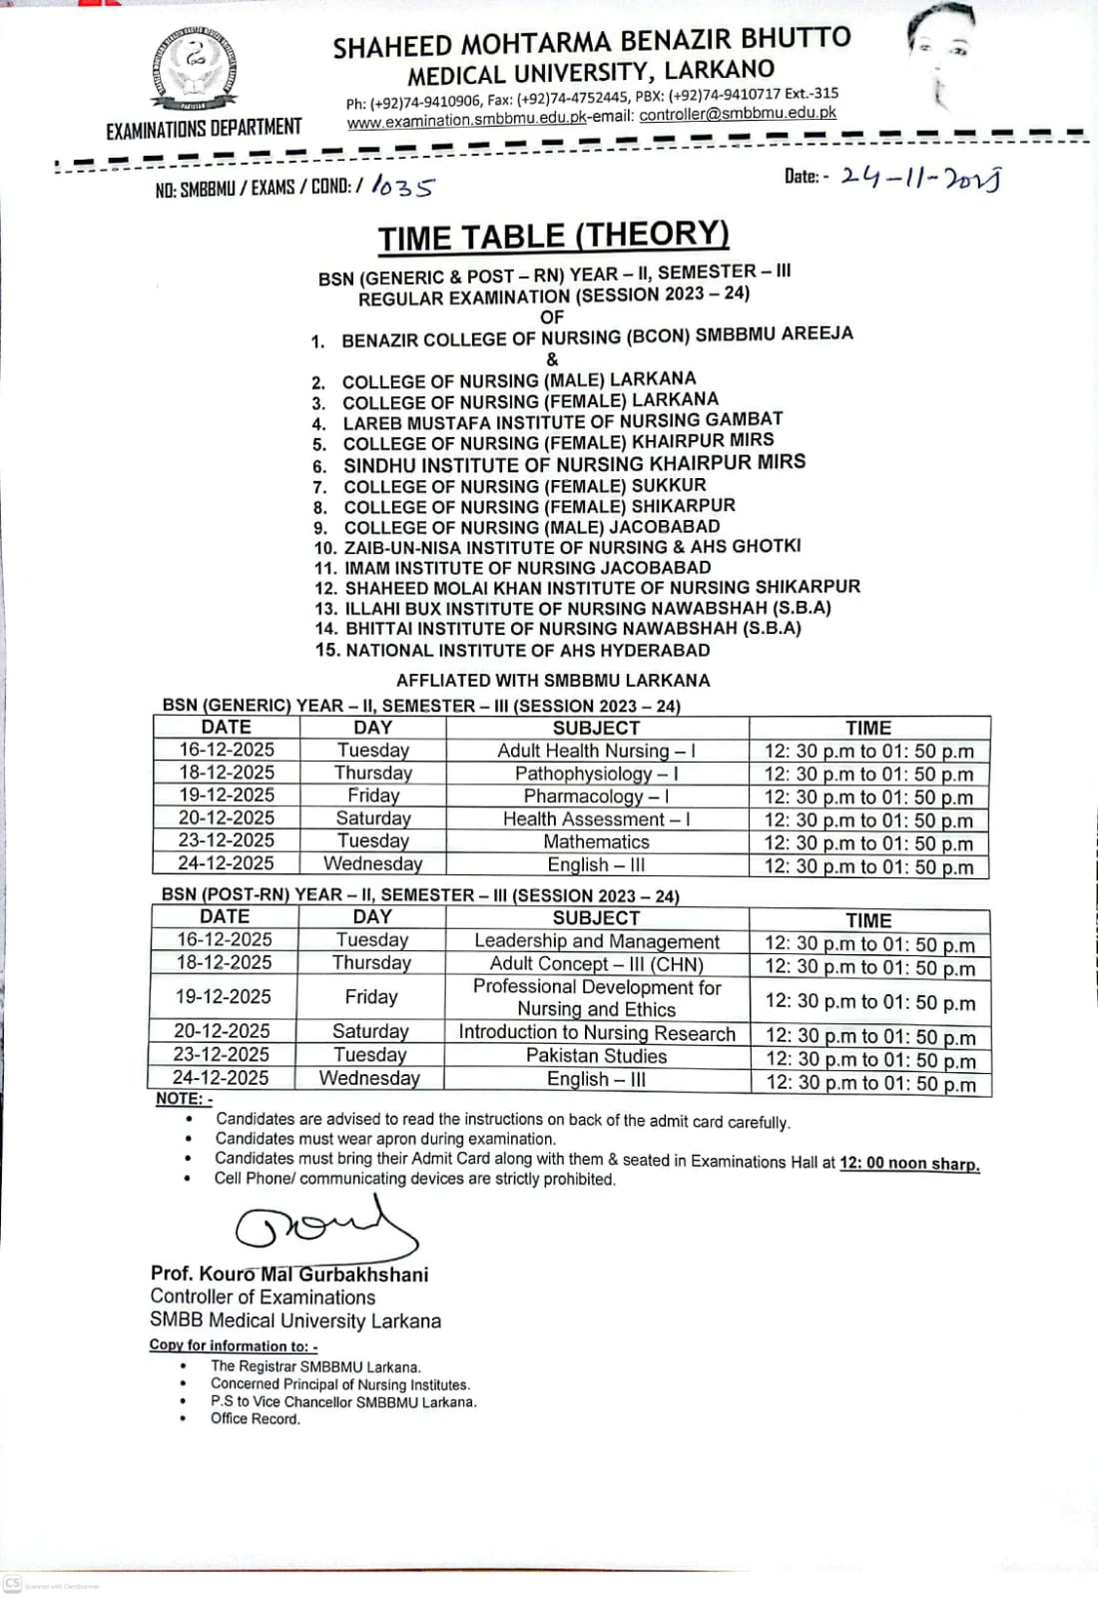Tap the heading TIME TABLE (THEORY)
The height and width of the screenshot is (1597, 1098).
[553, 237]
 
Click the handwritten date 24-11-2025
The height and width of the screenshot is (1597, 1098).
[920, 178]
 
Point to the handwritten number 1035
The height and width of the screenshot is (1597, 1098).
[403, 187]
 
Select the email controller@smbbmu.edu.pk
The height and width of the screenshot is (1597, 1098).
[738, 114]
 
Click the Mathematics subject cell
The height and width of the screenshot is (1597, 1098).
[596, 841]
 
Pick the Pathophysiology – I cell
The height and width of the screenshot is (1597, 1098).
[596, 774]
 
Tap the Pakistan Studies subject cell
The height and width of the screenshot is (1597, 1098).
[596, 1056]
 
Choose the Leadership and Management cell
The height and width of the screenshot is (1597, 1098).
[596, 941]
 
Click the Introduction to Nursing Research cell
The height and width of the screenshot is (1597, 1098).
[596, 1033]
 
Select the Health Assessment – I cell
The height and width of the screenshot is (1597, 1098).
[596, 818]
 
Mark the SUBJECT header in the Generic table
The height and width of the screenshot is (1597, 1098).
[596, 728]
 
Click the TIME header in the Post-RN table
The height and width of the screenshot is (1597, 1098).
[868, 920]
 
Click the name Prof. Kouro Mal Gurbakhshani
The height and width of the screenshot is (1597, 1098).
[289, 1275]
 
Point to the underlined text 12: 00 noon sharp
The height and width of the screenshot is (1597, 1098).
[909, 1164]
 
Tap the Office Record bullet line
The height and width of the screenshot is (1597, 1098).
[255, 1418]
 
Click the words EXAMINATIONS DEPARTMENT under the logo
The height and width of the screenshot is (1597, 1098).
[204, 128]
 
